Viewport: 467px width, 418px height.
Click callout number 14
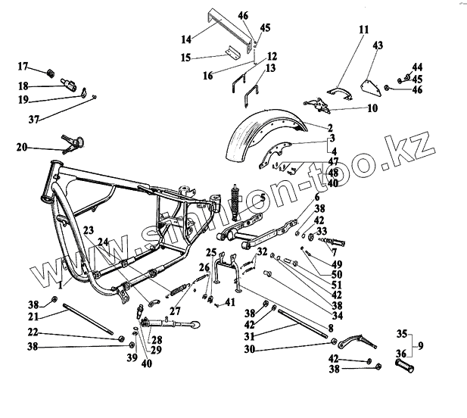click(164, 36)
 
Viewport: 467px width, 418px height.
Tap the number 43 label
click(378, 45)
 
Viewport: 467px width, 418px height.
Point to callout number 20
click(20, 146)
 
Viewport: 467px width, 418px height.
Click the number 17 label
click(22, 66)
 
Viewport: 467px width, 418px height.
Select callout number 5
click(262, 198)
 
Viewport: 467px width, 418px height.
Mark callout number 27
click(176, 310)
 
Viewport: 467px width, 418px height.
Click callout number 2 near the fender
click(331, 127)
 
